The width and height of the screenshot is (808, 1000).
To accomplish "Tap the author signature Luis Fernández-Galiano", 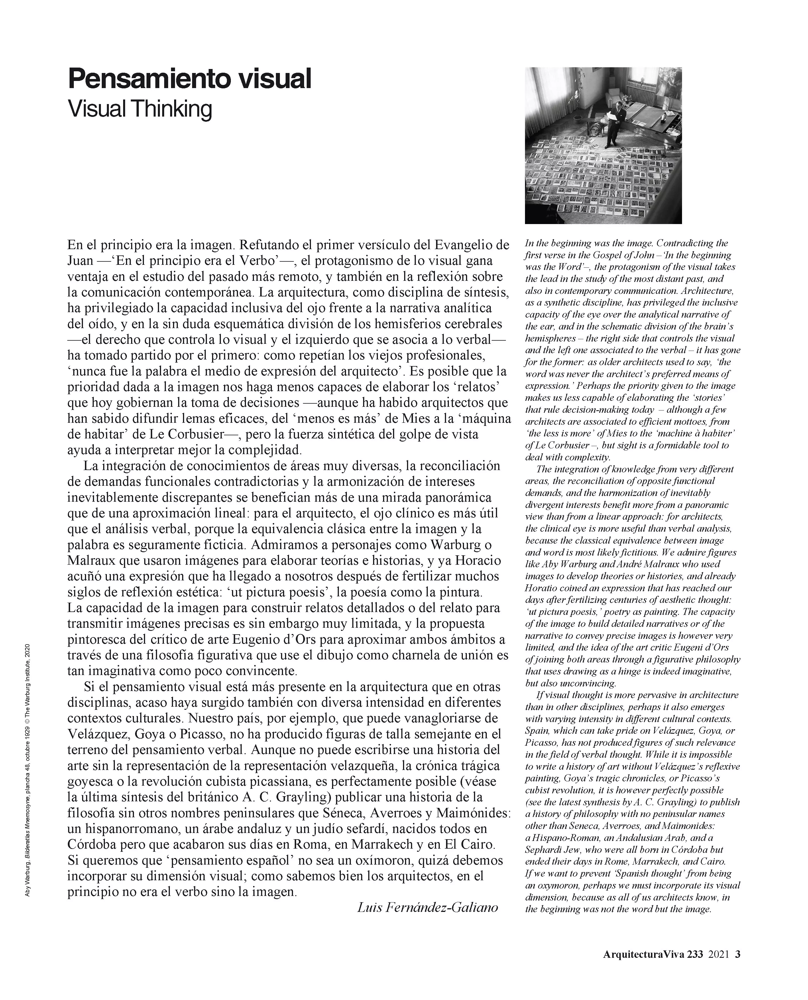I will [427, 906].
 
